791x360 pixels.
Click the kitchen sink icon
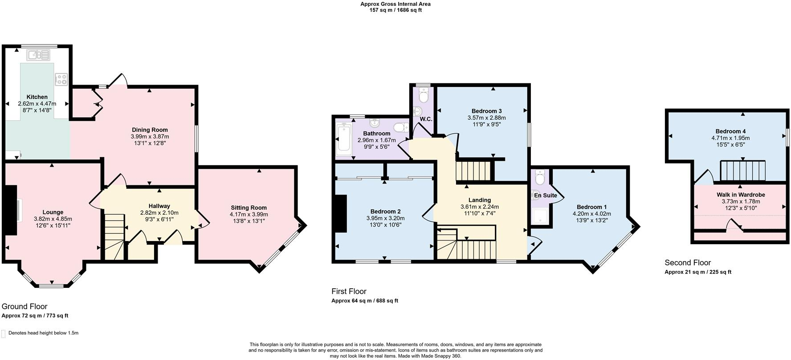(x=39, y=55)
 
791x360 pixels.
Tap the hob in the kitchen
(x=61, y=79)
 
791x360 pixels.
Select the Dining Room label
(x=150, y=130)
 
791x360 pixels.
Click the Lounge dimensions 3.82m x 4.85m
(x=53, y=219)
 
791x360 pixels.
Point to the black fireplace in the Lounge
(x=9, y=210)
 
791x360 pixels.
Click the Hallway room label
(x=159, y=206)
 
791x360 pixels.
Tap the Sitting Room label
(x=249, y=208)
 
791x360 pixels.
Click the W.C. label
(x=426, y=119)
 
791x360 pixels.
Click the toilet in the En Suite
(x=540, y=177)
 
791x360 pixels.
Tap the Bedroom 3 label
(x=486, y=111)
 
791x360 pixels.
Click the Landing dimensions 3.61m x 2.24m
(x=479, y=207)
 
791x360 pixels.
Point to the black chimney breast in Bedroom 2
(x=341, y=214)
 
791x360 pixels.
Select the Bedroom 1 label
(x=591, y=207)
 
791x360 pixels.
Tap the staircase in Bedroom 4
(x=743, y=171)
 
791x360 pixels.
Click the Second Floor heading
(x=688, y=263)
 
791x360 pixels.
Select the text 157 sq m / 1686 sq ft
(x=395, y=10)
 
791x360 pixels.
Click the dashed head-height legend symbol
(x=4, y=333)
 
